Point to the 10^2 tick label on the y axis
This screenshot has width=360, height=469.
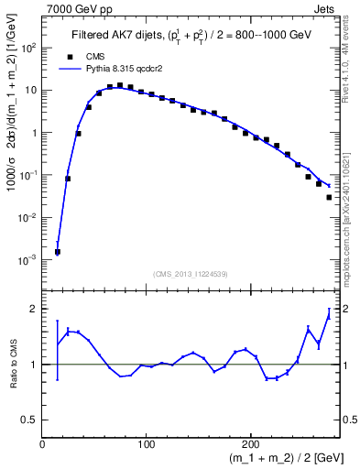28,49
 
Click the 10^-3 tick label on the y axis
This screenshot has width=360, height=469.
28,260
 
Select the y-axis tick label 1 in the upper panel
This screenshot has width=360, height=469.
35,133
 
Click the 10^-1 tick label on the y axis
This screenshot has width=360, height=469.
28,175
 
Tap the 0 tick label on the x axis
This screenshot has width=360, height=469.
43,444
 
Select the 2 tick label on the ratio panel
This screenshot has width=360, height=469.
35,309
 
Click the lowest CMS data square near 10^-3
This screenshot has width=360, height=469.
58,252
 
